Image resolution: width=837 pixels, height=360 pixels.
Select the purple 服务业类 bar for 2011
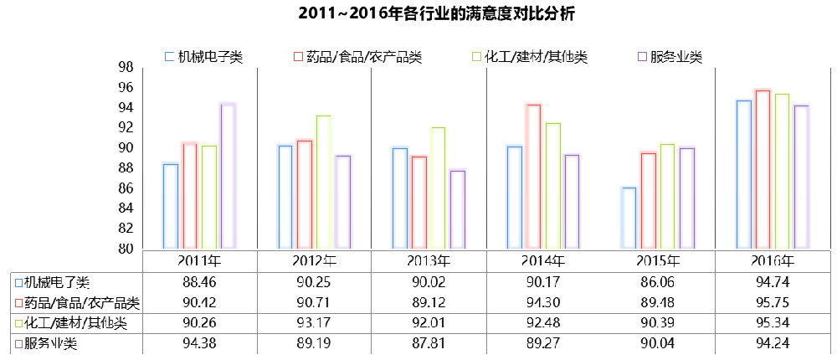tap(228, 176)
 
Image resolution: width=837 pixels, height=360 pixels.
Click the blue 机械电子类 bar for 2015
tap(628, 218)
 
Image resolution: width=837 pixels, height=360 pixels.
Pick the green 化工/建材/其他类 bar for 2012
tap(323, 182)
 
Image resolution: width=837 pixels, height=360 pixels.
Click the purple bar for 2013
tap(457, 209)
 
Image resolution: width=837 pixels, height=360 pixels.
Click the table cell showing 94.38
tap(199, 344)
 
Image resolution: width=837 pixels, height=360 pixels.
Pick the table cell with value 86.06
tap(657, 281)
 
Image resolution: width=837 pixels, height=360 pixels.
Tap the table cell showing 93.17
tap(314, 323)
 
